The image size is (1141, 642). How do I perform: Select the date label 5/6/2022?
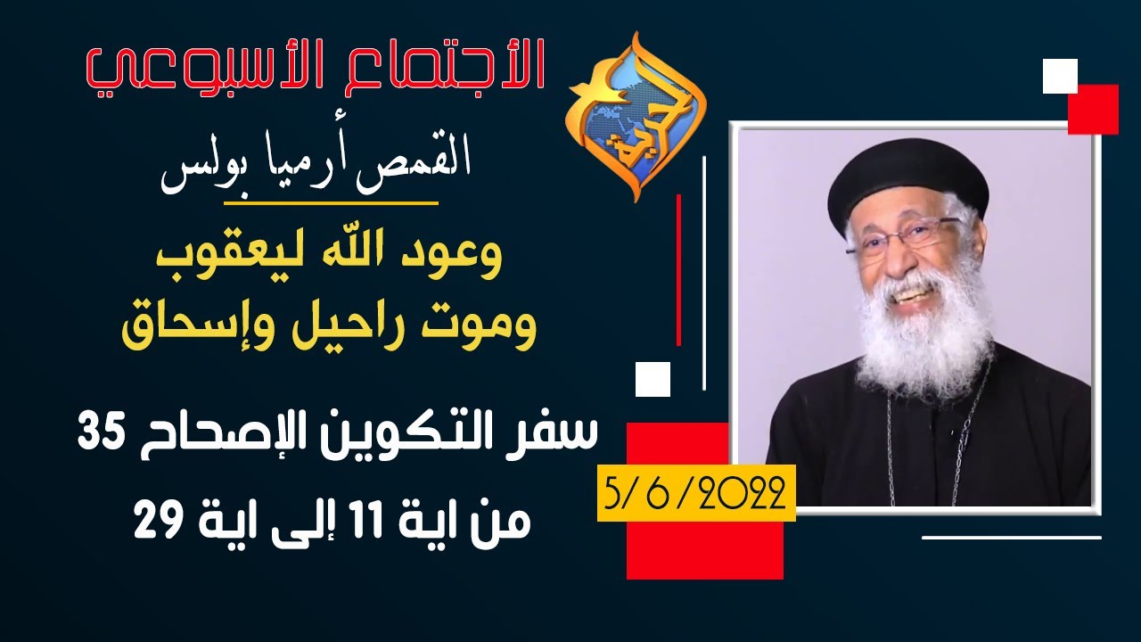694,494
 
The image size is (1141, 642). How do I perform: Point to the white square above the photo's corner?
1060,76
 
